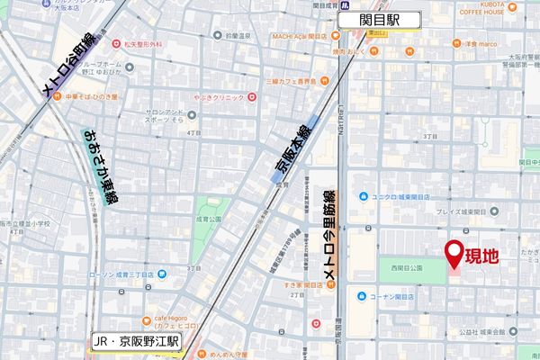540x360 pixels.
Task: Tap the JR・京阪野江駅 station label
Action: pos(138,342)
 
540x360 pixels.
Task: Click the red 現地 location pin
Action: pos(454,255)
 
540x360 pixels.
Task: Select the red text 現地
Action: pos(481,257)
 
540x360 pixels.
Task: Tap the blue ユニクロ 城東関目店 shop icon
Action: pos(361,196)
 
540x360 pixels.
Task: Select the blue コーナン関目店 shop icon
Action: pos(361,295)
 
